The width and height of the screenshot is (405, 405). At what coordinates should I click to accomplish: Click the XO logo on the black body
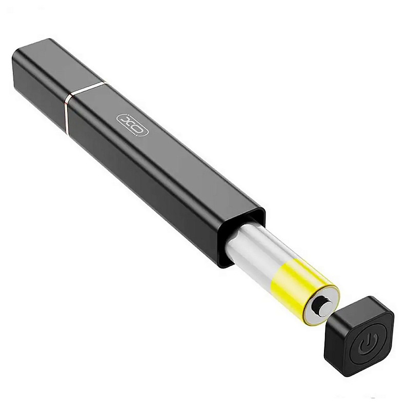click(x=132, y=125)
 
